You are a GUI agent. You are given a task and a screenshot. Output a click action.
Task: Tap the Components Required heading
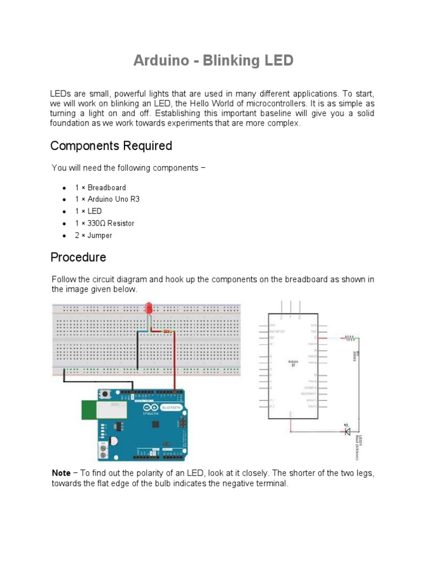pyautogui.click(x=111, y=146)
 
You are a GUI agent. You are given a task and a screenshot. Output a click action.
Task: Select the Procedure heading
pyautogui.click(x=78, y=257)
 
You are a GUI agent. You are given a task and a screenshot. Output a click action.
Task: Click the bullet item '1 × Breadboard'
pyautogui.click(x=100, y=188)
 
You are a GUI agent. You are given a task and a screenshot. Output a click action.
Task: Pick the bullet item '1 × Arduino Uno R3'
pyautogui.click(x=107, y=199)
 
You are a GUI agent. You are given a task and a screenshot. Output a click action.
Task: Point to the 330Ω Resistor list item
pyautogui.click(x=105, y=223)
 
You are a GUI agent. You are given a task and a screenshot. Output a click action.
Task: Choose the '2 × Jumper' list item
pyautogui.click(x=93, y=235)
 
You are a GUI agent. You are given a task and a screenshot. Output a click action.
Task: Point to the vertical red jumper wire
pyautogui.click(x=175, y=361)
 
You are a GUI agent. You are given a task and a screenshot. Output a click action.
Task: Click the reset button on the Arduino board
pyautogui.click(x=105, y=395)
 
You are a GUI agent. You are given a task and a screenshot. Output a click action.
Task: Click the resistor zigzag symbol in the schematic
pyautogui.click(x=350, y=337)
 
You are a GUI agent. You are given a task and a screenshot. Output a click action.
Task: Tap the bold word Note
pyautogui.click(x=61, y=473)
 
